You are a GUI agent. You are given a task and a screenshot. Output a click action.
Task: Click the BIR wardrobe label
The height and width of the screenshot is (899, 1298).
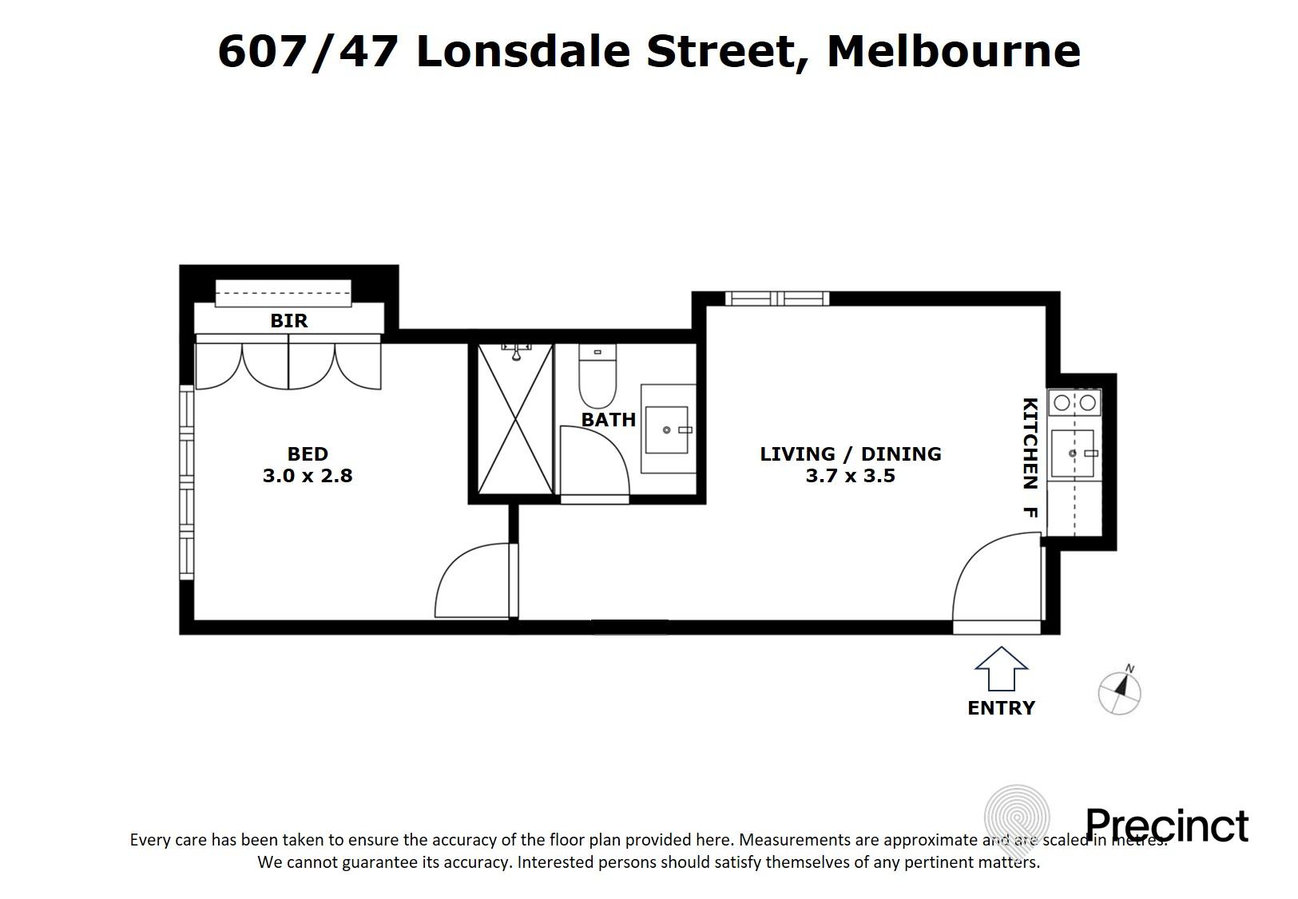(x=288, y=321)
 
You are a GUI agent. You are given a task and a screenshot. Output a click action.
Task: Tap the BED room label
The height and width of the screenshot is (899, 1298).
(x=308, y=454)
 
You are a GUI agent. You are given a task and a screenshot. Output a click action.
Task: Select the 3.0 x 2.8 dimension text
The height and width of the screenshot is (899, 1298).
(x=308, y=476)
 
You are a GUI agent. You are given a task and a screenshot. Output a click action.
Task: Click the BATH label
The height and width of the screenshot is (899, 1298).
(x=608, y=420)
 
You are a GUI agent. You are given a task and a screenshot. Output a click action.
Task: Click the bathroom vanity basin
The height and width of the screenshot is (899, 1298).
(x=666, y=430)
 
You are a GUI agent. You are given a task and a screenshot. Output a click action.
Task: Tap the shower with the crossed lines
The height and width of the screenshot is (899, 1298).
(x=515, y=419)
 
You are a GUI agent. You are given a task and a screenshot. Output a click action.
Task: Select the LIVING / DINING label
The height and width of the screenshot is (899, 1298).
(x=850, y=454)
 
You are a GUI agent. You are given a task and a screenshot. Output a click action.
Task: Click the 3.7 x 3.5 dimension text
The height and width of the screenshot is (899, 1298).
(x=850, y=477)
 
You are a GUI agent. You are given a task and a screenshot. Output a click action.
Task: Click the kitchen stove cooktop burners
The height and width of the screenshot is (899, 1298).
(x=1074, y=403)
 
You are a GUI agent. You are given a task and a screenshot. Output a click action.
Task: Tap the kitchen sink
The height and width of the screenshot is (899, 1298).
(x=1072, y=453)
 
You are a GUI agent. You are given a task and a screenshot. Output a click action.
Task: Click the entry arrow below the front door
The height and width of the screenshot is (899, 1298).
(x=1000, y=669)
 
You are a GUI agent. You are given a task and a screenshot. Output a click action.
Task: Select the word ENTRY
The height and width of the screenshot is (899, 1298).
(x=1000, y=708)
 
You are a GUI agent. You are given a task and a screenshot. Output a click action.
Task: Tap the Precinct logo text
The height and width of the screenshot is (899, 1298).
(x=1165, y=826)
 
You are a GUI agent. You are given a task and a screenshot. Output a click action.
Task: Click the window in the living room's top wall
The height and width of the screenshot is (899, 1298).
(x=776, y=299)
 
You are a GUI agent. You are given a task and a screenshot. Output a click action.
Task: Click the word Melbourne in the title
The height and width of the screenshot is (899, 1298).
(x=953, y=51)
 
